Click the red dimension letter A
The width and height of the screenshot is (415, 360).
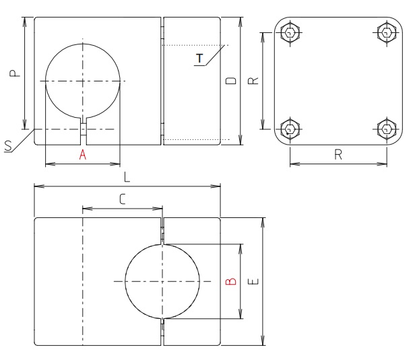[83, 155]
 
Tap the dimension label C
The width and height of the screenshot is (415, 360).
[122, 199]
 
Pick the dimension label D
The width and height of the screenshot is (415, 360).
[230, 81]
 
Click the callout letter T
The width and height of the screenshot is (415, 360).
[199, 59]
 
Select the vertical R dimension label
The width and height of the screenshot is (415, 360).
[253, 81]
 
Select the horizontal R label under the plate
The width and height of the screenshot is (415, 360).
[338, 154]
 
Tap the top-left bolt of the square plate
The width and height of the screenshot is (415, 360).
[290, 32]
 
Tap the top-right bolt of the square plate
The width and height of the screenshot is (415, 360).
[387, 32]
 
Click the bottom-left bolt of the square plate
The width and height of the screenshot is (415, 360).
[290, 128]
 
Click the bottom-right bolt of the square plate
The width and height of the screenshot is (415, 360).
[387, 128]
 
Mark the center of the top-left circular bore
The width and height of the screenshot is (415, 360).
[83, 81]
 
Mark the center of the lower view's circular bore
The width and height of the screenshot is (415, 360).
[162, 281]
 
